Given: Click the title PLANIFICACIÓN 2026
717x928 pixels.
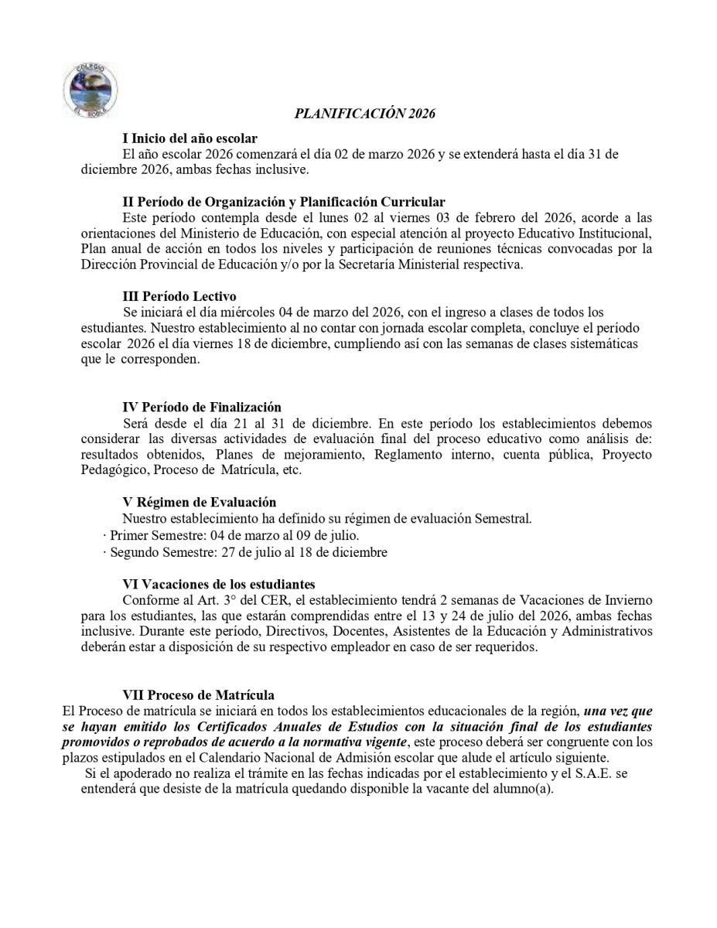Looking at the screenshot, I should click(365, 114).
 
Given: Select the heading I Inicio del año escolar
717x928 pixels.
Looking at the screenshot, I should click(190, 139).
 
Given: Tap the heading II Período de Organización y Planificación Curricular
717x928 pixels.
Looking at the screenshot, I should click(284, 202).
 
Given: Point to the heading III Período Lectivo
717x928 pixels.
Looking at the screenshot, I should click(179, 296).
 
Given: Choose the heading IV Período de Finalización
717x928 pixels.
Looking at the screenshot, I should click(202, 408).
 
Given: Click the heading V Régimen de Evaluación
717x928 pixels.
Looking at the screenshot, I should click(200, 503).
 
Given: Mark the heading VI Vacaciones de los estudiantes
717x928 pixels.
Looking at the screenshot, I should click(219, 583).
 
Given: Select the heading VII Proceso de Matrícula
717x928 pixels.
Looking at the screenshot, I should click(199, 694).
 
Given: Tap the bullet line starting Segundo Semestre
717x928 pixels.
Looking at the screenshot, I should click(245, 552).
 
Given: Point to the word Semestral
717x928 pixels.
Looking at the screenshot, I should click(504, 518).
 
